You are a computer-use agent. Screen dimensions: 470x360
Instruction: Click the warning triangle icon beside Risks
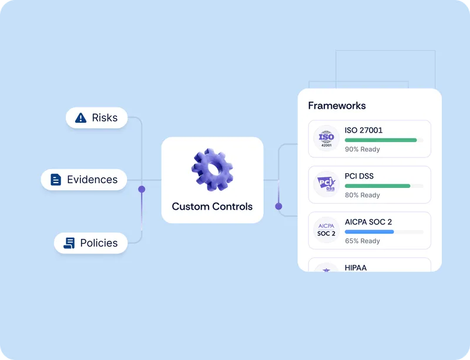click(x=81, y=118)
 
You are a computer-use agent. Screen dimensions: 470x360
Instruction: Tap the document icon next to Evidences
click(x=56, y=180)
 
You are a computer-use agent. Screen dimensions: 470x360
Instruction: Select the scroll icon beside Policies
click(x=69, y=243)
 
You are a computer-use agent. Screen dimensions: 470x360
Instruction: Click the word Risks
click(x=105, y=118)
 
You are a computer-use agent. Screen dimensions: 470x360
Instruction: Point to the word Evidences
click(x=92, y=180)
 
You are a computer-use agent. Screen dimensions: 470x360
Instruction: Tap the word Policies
click(x=99, y=243)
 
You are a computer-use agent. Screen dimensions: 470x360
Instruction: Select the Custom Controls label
click(x=212, y=207)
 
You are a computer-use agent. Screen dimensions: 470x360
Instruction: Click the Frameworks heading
click(x=337, y=106)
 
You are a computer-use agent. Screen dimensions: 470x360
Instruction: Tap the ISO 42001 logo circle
click(x=326, y=139)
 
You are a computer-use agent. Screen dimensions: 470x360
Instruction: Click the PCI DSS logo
click(x=326, y=185)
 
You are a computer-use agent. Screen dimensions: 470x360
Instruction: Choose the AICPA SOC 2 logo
click(x=326, y=230)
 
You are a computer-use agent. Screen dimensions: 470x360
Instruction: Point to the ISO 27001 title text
click(x=364, y=130)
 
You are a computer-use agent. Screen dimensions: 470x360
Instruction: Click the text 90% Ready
click(x=362, y=149)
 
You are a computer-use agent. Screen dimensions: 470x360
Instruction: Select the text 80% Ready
click(x=362, y=195)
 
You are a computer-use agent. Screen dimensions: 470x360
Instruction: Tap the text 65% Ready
click(x=362, y=241)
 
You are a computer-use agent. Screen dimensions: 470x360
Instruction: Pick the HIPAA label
click(x=355, y=268)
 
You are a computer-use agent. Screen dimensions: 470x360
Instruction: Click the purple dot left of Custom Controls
click(x=142, y=189)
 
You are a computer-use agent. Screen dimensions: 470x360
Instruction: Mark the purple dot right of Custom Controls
click(x=278, y=206)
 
